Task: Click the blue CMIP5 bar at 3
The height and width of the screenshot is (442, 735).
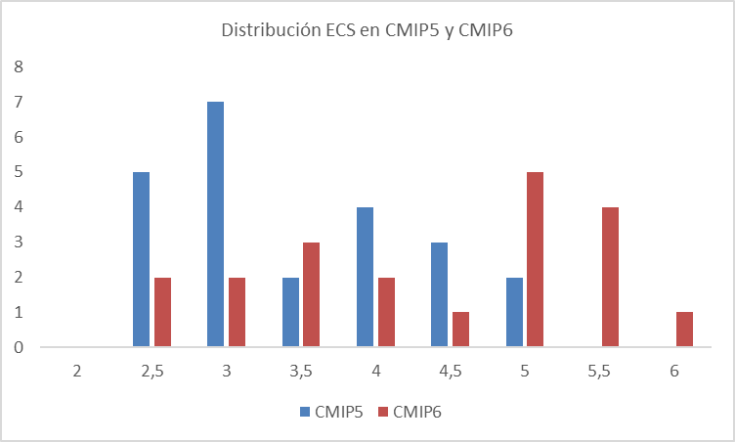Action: coord(215,224)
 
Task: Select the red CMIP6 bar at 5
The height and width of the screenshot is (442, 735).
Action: coord(535,259)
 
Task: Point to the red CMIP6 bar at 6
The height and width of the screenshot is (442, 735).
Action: coord(684,329)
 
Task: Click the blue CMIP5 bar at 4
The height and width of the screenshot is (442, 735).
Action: coord(365,277)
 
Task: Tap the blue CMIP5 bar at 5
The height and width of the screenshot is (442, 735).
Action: coord(514,311)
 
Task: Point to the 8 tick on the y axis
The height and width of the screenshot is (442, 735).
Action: coord(18,66)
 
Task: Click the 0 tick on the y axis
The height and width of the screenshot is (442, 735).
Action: coord(18,347)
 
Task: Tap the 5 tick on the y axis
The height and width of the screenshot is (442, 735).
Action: coord(18,172)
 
